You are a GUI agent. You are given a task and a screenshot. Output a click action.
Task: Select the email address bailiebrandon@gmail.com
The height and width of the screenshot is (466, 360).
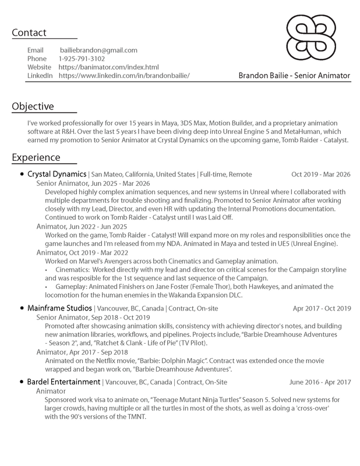98,50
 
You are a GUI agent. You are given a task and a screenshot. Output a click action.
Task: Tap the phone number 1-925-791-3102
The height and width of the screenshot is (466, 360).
82,59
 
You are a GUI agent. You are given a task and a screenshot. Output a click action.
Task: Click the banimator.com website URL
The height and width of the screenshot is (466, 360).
108,68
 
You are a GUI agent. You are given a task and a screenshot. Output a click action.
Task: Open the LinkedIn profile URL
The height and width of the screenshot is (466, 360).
124,76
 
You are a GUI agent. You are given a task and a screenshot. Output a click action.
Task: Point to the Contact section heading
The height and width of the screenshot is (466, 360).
29,33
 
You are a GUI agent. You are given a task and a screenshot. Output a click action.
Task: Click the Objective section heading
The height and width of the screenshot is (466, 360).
33,107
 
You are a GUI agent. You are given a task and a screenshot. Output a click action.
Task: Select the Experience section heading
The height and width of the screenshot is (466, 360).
36,157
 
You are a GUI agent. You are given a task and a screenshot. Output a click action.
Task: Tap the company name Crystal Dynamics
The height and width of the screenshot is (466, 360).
57,174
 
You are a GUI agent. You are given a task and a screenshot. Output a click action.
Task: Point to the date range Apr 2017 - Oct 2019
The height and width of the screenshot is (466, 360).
322,308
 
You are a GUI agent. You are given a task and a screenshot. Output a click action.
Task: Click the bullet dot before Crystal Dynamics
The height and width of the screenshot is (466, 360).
22,174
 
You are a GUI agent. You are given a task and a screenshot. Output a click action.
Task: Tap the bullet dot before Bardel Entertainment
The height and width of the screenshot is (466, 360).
22,382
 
